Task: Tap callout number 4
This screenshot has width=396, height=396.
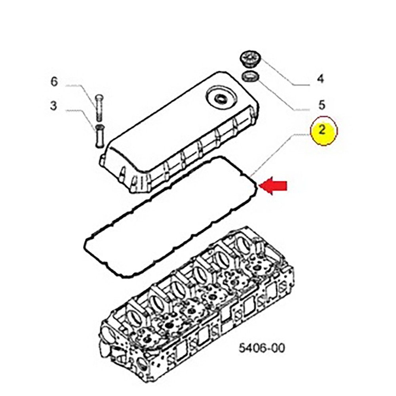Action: pos(320,79)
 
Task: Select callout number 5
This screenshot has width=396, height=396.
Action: pos(322,105)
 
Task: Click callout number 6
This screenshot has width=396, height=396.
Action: pos(54,82)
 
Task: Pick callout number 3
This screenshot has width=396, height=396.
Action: pos(53,106)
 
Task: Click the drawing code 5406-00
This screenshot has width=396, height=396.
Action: pos(262,348)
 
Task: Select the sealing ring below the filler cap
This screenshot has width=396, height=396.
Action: pos(250,76)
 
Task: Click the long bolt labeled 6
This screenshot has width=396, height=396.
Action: pos(99,107)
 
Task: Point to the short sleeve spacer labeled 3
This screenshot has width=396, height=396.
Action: pos(99,136)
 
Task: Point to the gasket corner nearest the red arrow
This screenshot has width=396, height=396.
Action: pos(257,186)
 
